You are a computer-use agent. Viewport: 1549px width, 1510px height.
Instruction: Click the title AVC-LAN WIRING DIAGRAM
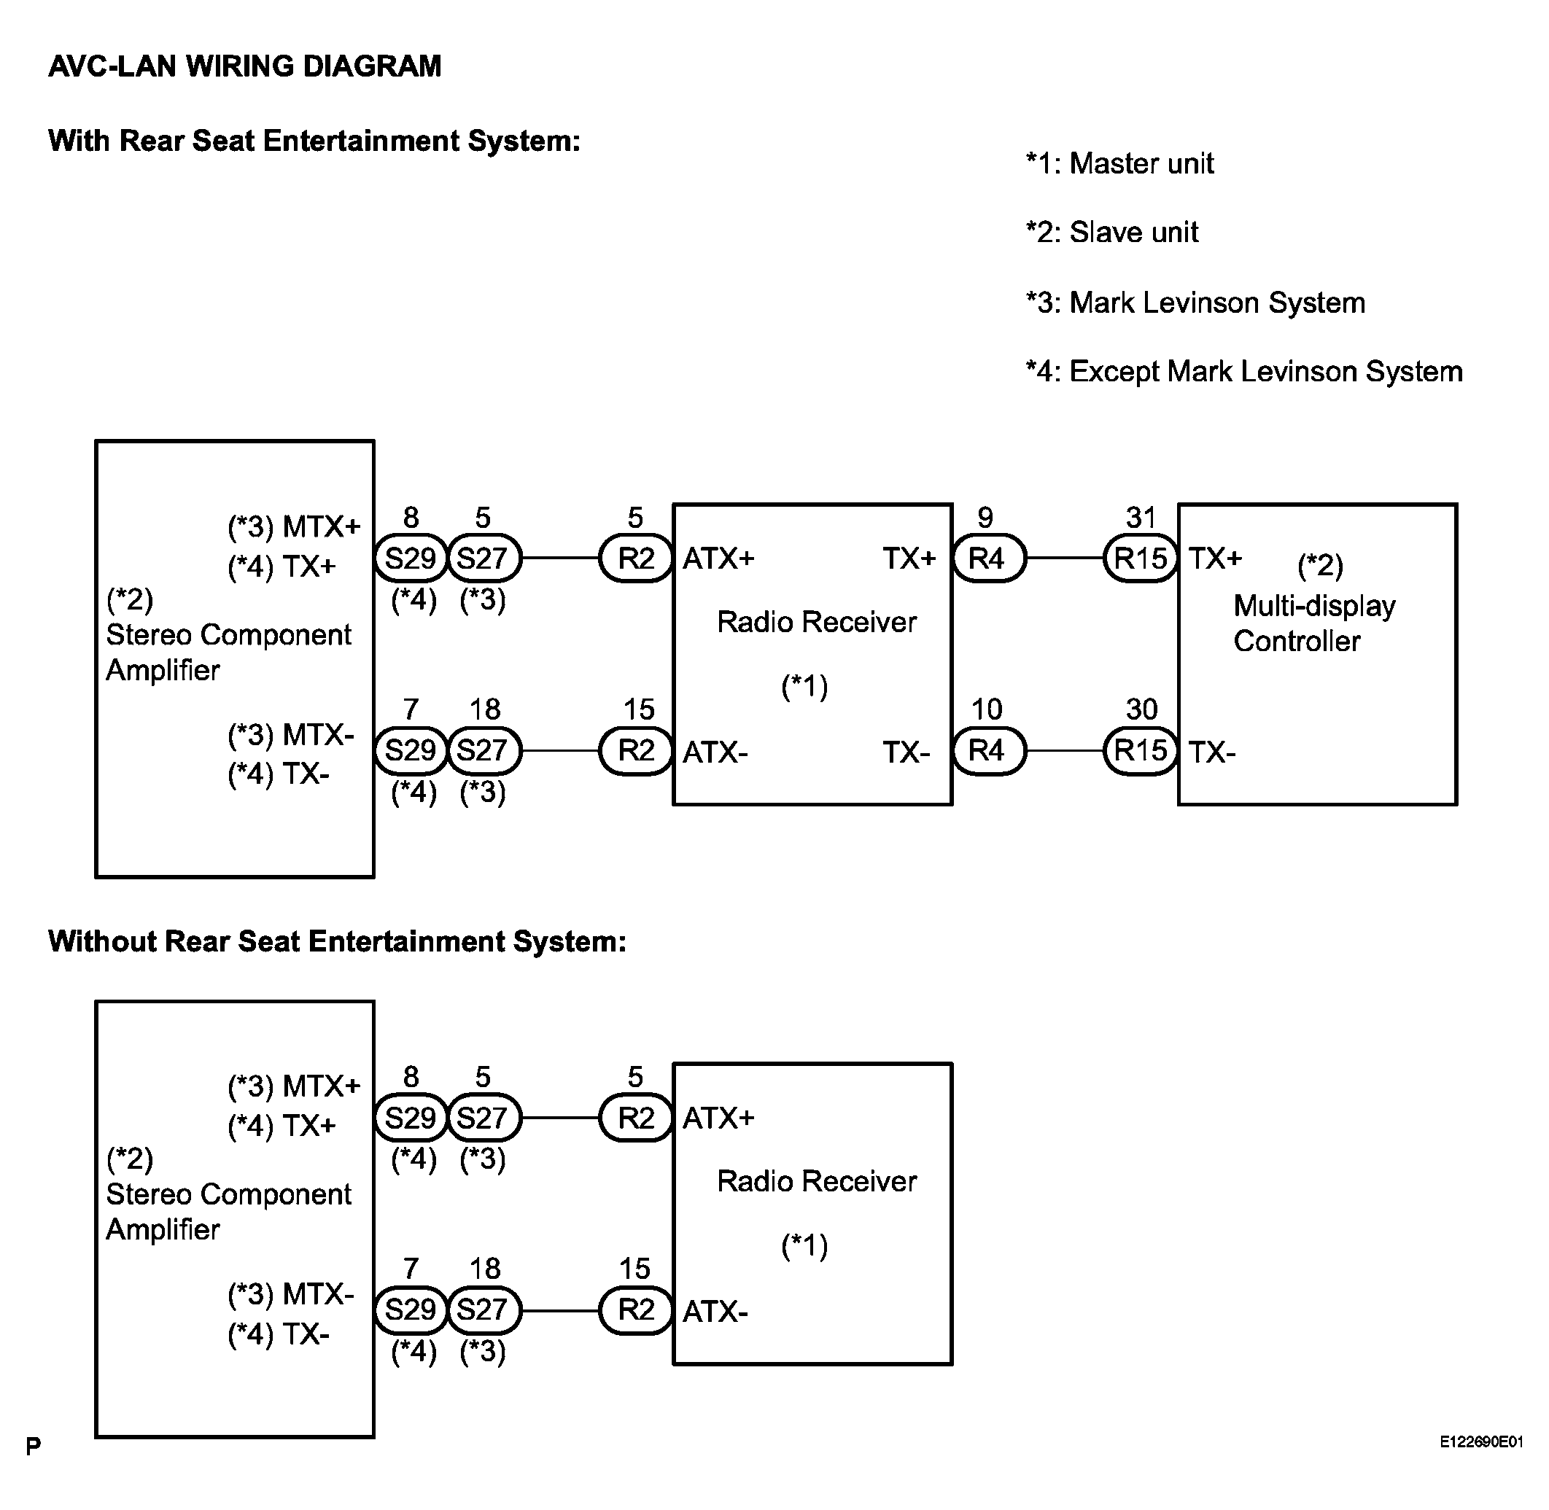244,66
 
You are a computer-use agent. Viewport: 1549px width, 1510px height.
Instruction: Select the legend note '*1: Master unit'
1119,163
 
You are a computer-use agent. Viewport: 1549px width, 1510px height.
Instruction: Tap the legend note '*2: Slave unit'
1111,233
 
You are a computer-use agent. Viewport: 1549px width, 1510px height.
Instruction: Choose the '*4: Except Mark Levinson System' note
1243,371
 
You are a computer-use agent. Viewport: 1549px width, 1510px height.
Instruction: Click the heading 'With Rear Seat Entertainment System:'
314,141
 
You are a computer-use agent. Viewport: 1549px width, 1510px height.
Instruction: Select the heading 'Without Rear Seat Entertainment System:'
337,941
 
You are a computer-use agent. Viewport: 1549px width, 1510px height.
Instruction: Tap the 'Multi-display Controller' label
1313,623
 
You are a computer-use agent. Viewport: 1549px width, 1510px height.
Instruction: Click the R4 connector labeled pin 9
987,559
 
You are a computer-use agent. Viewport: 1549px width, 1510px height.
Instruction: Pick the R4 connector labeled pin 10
987,750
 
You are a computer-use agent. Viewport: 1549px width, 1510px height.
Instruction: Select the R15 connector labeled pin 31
1141,559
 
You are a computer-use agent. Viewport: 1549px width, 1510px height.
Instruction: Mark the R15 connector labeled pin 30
1141,750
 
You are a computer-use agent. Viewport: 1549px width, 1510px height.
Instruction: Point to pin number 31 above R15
1141,518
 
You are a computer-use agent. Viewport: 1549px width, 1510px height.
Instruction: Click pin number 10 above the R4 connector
987,709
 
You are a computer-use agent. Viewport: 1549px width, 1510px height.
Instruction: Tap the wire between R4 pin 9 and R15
1065,559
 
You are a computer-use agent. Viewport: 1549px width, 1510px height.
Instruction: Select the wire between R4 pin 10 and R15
1065,750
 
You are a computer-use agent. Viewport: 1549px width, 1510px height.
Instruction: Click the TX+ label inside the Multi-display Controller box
1214,559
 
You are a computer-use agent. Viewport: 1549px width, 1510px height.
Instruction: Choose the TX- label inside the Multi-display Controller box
1212,752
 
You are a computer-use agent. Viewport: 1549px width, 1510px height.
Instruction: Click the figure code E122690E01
1480,1441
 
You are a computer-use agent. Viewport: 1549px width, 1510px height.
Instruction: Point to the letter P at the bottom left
34,1446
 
